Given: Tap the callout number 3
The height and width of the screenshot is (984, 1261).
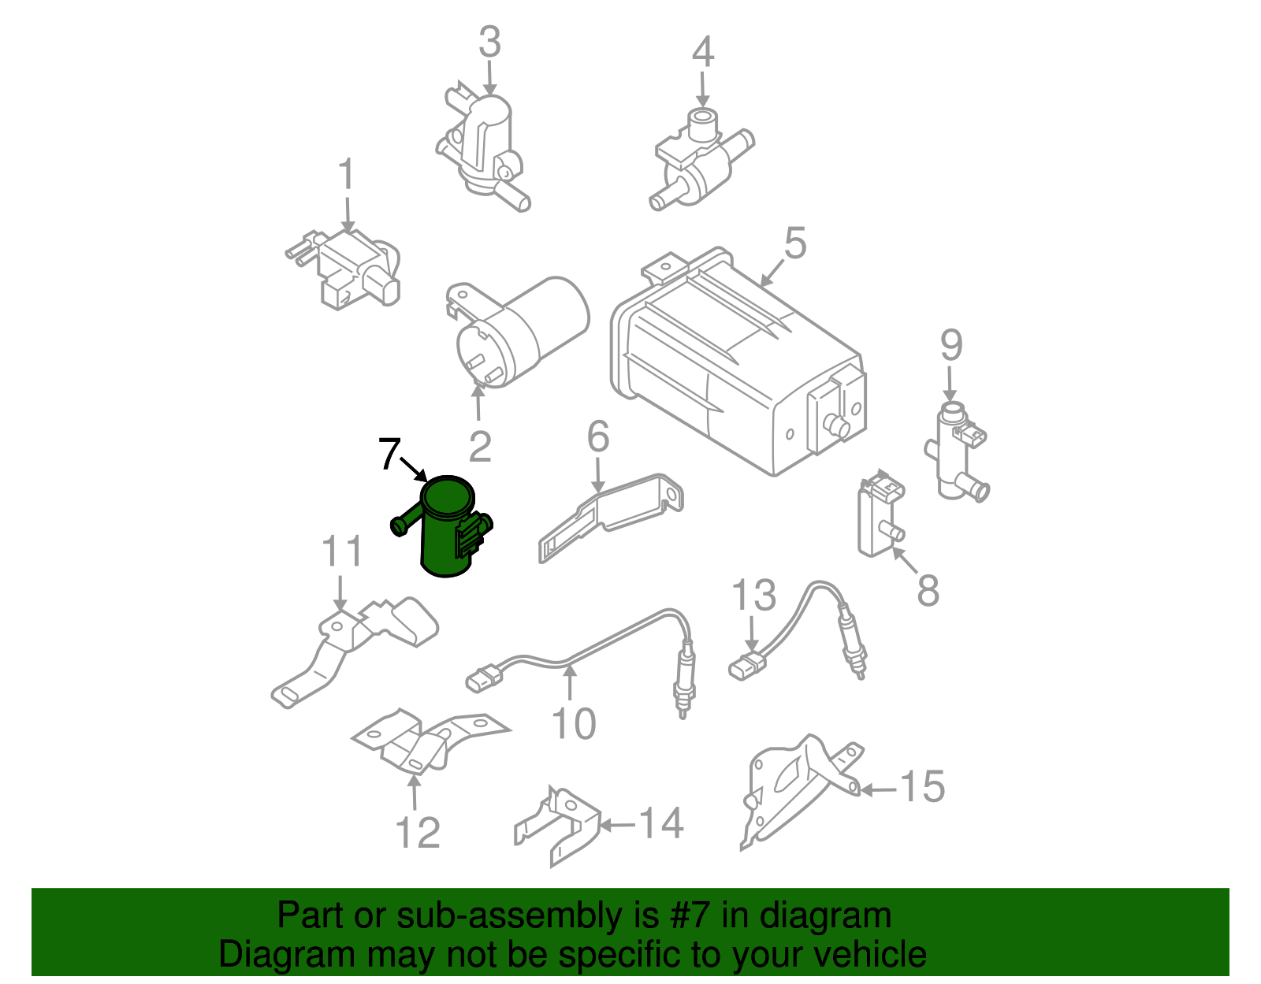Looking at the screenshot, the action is (x=489, y=42).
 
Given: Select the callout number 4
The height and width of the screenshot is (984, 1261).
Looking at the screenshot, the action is (x=703, y=52).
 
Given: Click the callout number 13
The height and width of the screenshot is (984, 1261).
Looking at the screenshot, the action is (x=753, y=595).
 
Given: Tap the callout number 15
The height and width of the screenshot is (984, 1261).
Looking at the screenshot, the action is (x=922, y=786).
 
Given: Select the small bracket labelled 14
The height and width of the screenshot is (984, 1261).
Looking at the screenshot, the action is (x=557, y=826).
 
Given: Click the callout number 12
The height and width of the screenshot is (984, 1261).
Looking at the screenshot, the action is (x=417, y=833).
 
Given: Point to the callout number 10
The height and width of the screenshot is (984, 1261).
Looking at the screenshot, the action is (x=574, y=723).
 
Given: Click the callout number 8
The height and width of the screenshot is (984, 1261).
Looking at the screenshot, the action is (x=928, y=590).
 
